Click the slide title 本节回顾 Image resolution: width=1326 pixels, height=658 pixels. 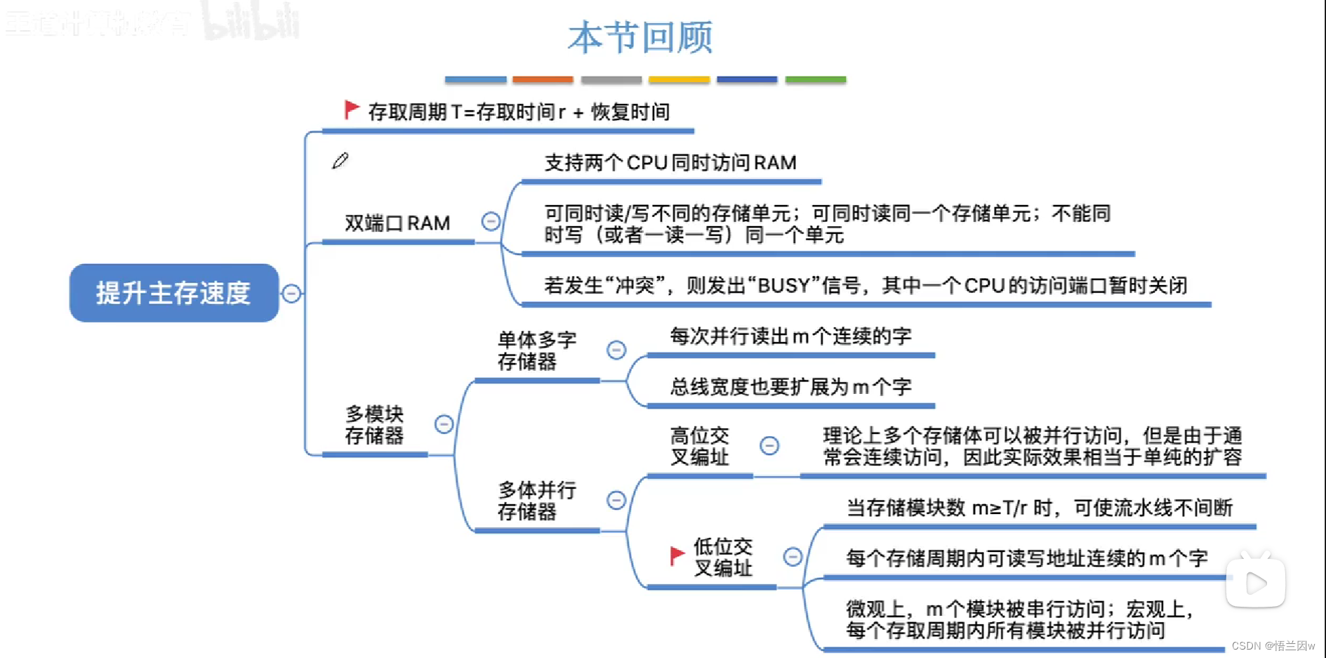(x=639, y=38)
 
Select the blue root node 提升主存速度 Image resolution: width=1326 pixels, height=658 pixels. (x=173, y=293)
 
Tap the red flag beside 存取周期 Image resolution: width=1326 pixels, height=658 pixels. (x=351, y=110)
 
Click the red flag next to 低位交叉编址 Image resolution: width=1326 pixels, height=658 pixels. (x=677, y=555)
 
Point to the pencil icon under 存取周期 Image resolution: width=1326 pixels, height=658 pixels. (x=340, y=161)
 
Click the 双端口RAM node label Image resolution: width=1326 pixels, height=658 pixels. (x=397, y=223)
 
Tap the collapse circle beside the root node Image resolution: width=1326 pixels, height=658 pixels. (x=291, y=294)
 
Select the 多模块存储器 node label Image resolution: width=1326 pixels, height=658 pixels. (x=374, y=424)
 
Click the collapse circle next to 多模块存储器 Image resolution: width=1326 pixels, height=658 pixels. (x=444, y=424)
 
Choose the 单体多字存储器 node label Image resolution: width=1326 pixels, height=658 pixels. (x=536, y=350)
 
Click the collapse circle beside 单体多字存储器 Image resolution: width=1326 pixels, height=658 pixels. (x=616, y=350)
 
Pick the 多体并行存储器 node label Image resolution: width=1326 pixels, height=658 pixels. (x=536, y=500)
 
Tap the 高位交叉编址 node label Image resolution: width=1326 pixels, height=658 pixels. (x=699, y=446)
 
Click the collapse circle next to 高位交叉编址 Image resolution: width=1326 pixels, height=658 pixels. (x=769, y=445)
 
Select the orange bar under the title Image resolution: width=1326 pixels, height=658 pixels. (x=543, y=80)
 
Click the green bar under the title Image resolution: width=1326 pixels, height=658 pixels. (x=815, y=80)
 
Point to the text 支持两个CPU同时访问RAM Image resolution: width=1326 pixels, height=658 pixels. (x=670, y=163)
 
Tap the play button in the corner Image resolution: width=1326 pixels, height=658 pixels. (x=1255, y=583)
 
